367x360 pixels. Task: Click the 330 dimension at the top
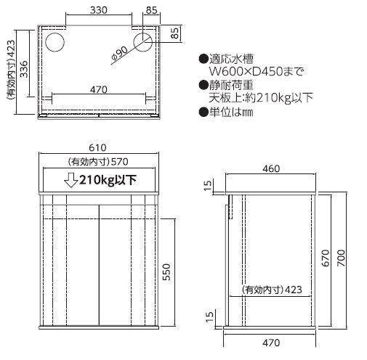98,10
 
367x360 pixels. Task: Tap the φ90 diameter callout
119,53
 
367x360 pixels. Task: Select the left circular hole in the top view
55,42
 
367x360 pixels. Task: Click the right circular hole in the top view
143,42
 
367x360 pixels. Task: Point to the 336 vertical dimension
24,69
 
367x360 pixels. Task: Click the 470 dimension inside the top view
99,90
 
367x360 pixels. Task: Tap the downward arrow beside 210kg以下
70,181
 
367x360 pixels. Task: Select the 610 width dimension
97,147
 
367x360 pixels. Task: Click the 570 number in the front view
119,162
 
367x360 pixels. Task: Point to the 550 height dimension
166,272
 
